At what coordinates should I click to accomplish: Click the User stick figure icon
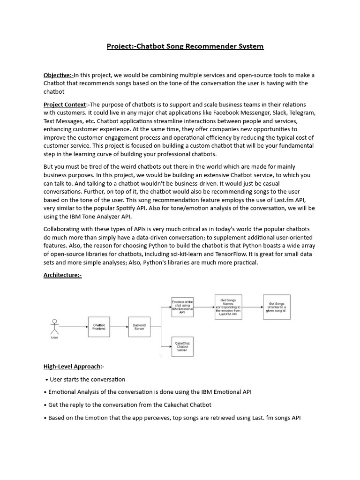[x=55, y=327]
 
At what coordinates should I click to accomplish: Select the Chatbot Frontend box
[x=99, y=327]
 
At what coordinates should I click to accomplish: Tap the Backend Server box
[x=139, y=327]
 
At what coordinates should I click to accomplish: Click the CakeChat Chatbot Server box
[x=182, y=347]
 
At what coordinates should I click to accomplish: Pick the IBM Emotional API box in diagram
[x=182, y=307]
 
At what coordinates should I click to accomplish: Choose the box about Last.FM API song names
[x=228, y=307]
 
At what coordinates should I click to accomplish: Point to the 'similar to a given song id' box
[x=277, y=307]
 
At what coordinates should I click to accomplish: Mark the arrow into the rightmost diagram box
[x=253, y=307]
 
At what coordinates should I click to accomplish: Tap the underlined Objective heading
[x=58, y=75]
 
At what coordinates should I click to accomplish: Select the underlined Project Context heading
[x=65, y=105]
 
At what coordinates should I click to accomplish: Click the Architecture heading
[x=62, y=275]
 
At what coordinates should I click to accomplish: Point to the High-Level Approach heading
[x=72, y=366]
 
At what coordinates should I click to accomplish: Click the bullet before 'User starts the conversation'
[x=47, y=380]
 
